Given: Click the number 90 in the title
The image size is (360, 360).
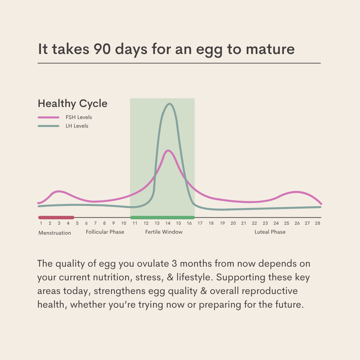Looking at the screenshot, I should [x=104, y=49].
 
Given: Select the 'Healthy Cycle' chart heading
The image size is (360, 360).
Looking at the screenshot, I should [x=73, y=103].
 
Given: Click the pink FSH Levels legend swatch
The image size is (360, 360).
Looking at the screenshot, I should [x=49, y=117].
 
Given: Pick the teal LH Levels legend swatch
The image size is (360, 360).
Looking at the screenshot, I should [x=49, y=126].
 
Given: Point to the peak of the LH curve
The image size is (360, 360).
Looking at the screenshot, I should [x=170, y=104].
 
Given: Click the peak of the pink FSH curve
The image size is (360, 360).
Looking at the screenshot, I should [x=168, y=150].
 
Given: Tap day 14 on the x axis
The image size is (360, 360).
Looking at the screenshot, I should [x=168, y=223].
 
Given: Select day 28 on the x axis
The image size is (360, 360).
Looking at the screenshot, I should [x=317, y=223].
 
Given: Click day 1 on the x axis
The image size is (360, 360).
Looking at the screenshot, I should [x=41, y=223].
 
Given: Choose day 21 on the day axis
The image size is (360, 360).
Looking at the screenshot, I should [x=244, y=223].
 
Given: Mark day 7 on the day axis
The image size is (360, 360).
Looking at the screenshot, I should [x=95, y=223].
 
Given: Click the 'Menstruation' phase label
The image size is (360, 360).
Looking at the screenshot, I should [x=55, y=233].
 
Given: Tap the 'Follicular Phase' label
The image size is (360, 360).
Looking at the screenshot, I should [x=105, y=232].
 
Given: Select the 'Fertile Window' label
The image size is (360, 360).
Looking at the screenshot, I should [x=164, y=232].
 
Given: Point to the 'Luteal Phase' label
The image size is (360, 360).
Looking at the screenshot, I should [x=270, y=232].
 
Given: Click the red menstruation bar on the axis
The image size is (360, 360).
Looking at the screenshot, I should [x=56, y=217].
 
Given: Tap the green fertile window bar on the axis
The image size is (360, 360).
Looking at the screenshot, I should [x=162, y=217].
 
